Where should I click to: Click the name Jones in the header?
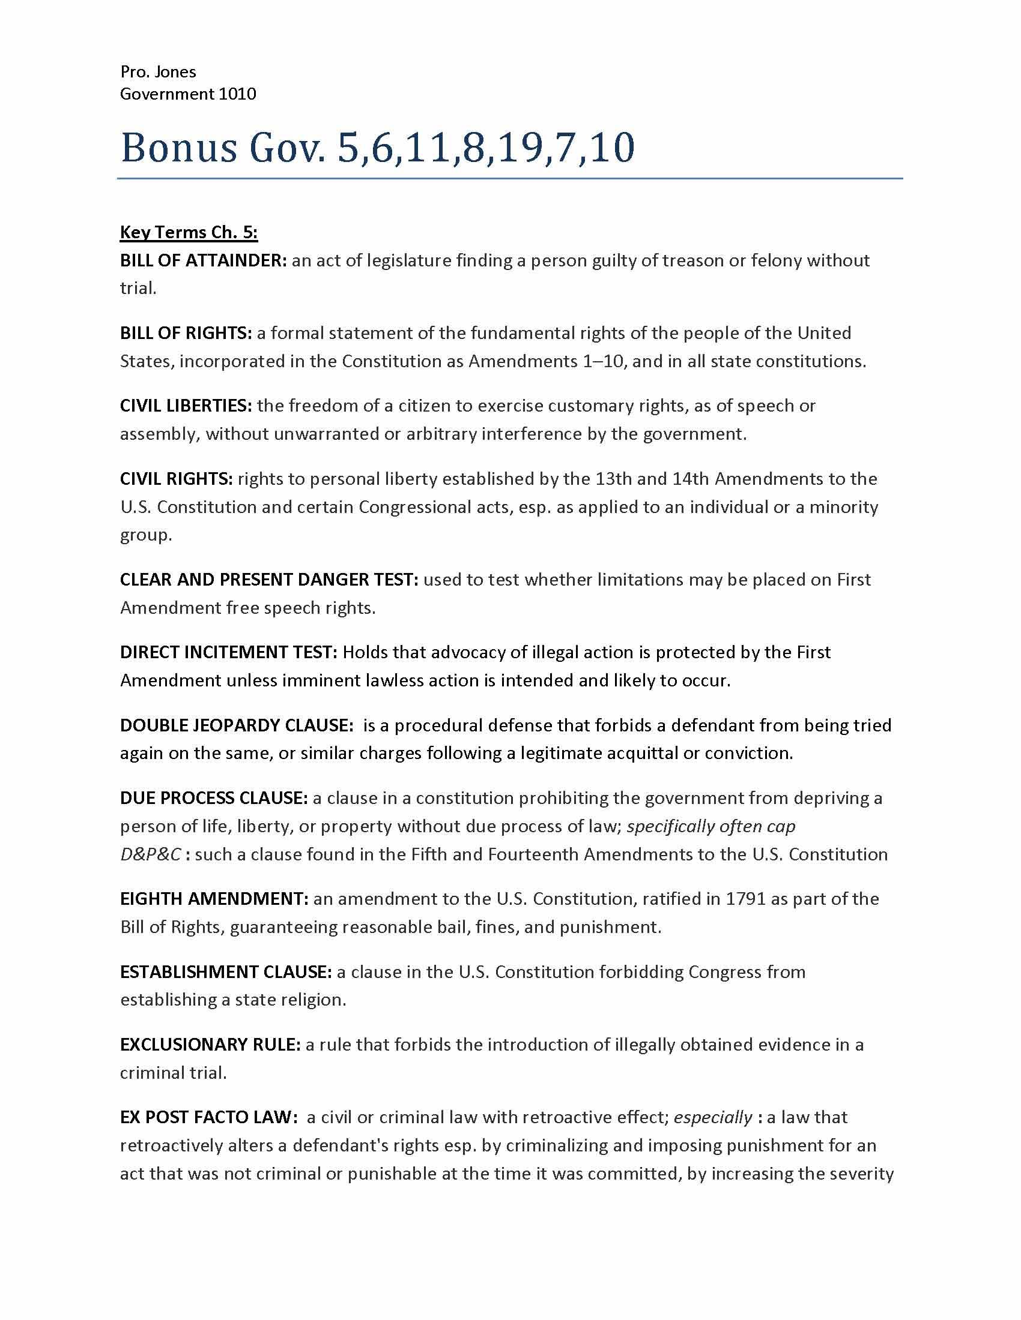pos(175,72)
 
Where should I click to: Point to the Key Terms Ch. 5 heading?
pos(189,232)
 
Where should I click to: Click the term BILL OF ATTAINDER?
pos(203,260)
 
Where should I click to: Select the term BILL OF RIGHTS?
pos(186,333)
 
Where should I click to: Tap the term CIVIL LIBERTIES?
pos(186,406)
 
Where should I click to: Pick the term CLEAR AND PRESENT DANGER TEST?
pos(269,580)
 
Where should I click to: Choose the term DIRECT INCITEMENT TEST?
pos(229,652)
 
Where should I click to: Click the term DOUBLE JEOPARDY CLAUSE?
pos(237,725)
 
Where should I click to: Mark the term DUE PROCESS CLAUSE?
pos(214,798)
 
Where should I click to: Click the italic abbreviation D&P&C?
pos(150,854)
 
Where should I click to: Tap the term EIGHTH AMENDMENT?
pos(215,899)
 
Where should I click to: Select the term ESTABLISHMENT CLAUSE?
pos(226,972)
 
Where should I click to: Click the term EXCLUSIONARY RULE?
pos(210,1045)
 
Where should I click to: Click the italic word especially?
pos(712,1117)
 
